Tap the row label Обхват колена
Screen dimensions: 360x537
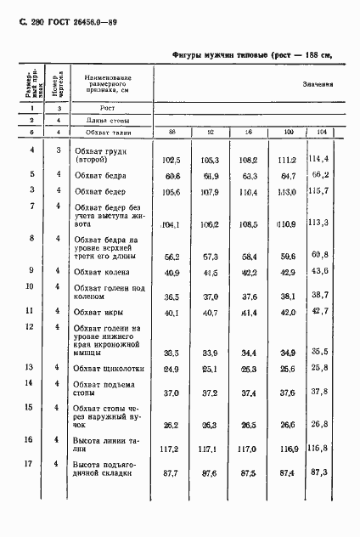101,271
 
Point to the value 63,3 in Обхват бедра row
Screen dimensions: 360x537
249,177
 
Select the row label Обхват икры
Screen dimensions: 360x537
97,312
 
